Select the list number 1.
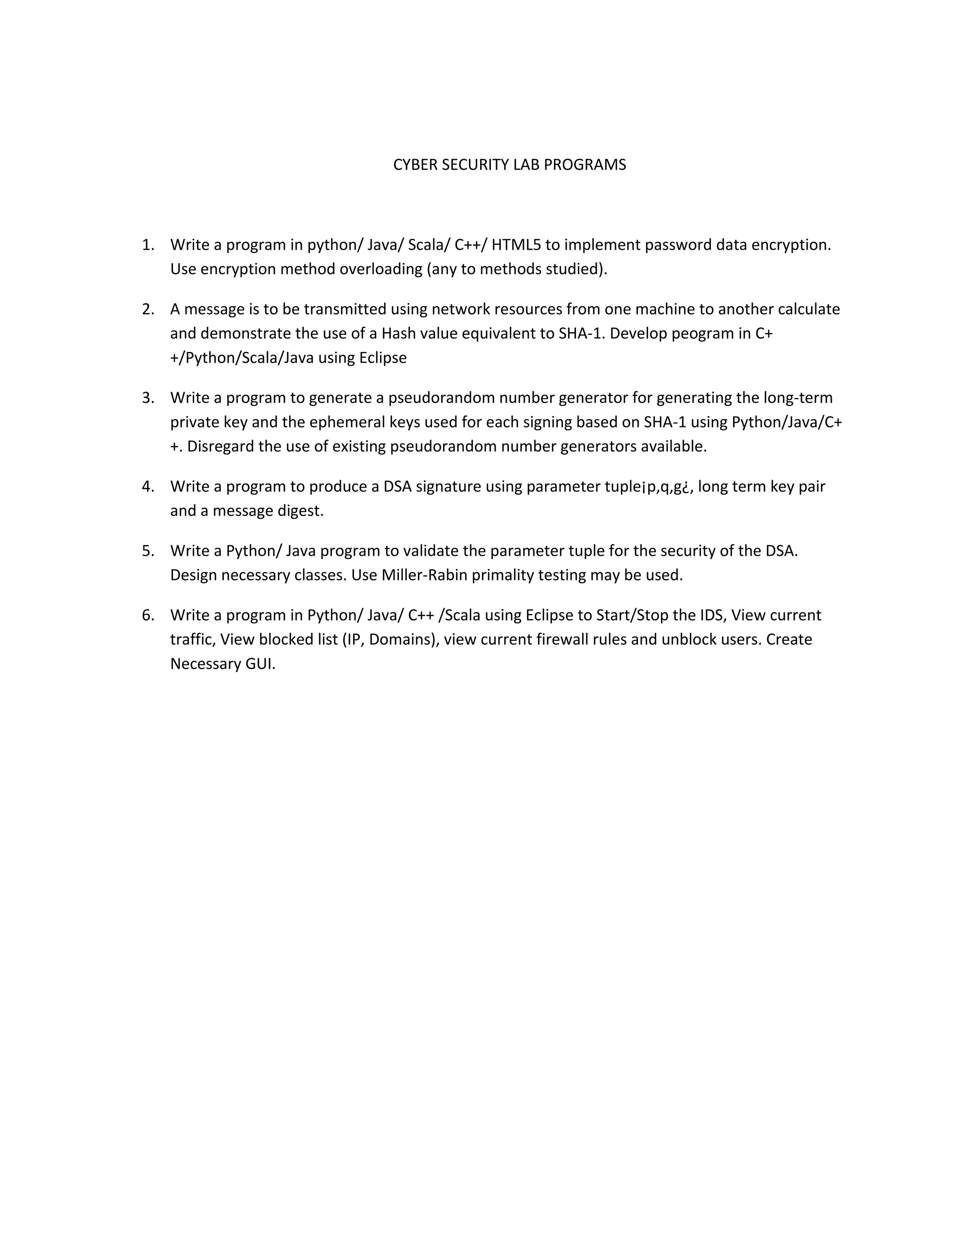click(x=148, y=245)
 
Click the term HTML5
click(x=516, y=245)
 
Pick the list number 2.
click(x=148, y=309)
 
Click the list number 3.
click(x=148, y=398)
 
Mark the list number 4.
click(x=148, y=487)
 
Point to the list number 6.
click(x=148, y=615)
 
